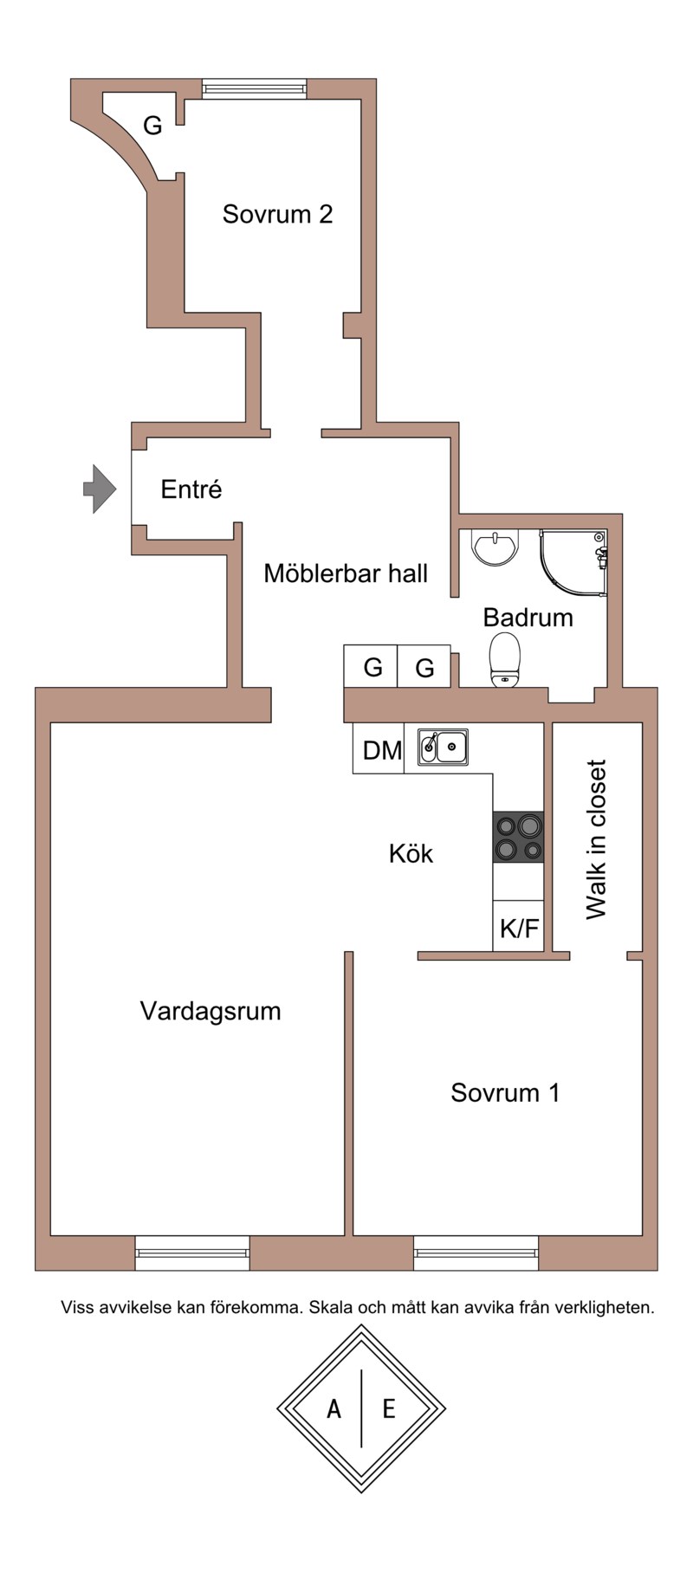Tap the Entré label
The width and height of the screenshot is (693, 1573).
click(191, 490)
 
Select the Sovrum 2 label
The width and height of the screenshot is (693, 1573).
click(277, 214)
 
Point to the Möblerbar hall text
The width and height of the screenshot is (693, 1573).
click(346, 573)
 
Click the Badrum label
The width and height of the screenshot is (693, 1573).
click(528, 618)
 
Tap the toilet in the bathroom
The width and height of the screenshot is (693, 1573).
click(504, 659)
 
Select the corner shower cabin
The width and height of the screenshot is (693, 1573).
click(573, 563)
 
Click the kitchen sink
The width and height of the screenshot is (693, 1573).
click(444, 747)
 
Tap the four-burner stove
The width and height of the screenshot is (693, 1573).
click(518, 837)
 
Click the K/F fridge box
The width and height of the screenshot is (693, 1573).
click(518, 928)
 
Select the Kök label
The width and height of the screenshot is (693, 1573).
click(411, 854)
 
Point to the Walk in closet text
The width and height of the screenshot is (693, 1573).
click(596, 839)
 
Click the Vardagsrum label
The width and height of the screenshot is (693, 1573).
click(210, 1011)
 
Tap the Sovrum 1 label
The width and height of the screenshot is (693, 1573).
click(505, 1092)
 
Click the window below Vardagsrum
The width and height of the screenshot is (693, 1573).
click(192, 1253)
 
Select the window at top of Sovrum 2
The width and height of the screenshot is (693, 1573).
click(254, 87)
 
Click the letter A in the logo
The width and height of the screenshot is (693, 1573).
click(334, 1409)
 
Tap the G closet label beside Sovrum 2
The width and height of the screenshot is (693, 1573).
click(152, 126)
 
